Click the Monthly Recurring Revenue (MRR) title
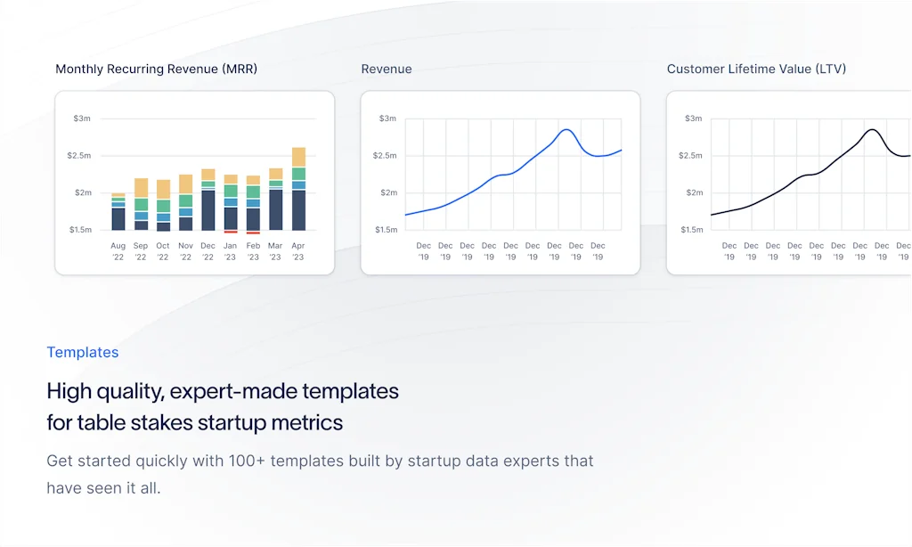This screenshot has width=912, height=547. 157,69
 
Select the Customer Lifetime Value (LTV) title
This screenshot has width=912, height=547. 756,69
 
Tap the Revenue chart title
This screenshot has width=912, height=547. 387,69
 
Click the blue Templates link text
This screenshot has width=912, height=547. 83,352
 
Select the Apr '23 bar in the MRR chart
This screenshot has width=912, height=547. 298,189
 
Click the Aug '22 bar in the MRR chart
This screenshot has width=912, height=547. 118,212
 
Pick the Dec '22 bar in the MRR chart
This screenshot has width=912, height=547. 208,200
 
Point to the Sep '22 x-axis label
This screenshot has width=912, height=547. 141,251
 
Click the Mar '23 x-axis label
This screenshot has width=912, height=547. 275,251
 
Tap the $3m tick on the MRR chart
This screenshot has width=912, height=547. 82,118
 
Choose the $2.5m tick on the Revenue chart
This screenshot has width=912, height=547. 385,155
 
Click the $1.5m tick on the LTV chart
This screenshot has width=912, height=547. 691,229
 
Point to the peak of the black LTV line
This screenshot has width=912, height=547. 872,130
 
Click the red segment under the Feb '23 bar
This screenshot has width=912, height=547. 253,233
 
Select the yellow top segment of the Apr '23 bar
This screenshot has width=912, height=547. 298,157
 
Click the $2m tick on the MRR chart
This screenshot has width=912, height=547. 83,192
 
